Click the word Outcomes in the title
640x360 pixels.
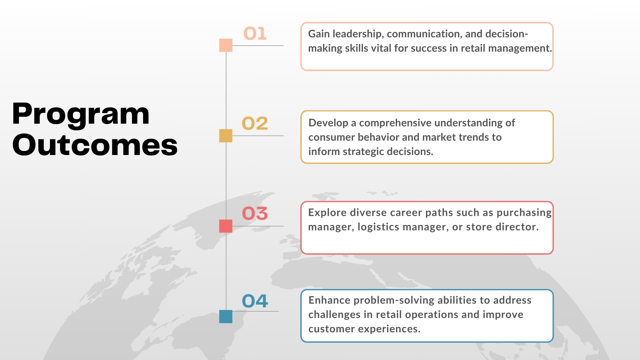95,145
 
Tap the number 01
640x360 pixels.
255,34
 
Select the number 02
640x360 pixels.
255,123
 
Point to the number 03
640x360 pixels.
255,213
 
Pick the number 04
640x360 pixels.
255,301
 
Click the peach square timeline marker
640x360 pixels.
226,45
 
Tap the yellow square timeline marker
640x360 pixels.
226,136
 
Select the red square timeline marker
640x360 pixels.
226,226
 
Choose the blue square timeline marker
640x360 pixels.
226,316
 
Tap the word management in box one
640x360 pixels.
520,49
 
